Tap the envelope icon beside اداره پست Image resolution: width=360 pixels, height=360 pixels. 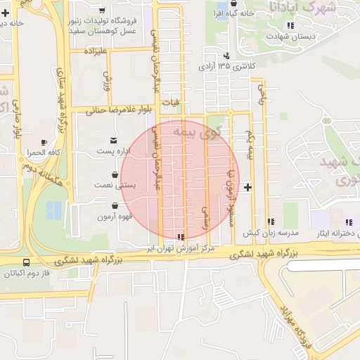click(x=115, y=141)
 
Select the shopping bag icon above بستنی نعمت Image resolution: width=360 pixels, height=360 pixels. click(x=115, y=174)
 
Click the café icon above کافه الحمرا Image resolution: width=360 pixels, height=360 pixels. click(x=44, y=141)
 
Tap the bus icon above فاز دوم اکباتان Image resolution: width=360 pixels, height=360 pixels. click(x=27, y=263)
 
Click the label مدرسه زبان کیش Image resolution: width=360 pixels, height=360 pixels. click(x=271, y=232)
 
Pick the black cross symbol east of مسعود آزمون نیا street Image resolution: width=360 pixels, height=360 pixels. click(x=247, y=188)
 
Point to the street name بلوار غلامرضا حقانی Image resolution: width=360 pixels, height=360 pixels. click(x=115, y=110)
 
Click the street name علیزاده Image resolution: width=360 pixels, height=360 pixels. click(x=95, y=51)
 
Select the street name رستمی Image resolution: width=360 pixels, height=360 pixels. click(x=205, y=218)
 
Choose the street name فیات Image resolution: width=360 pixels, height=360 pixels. click(x=171, y=103)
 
